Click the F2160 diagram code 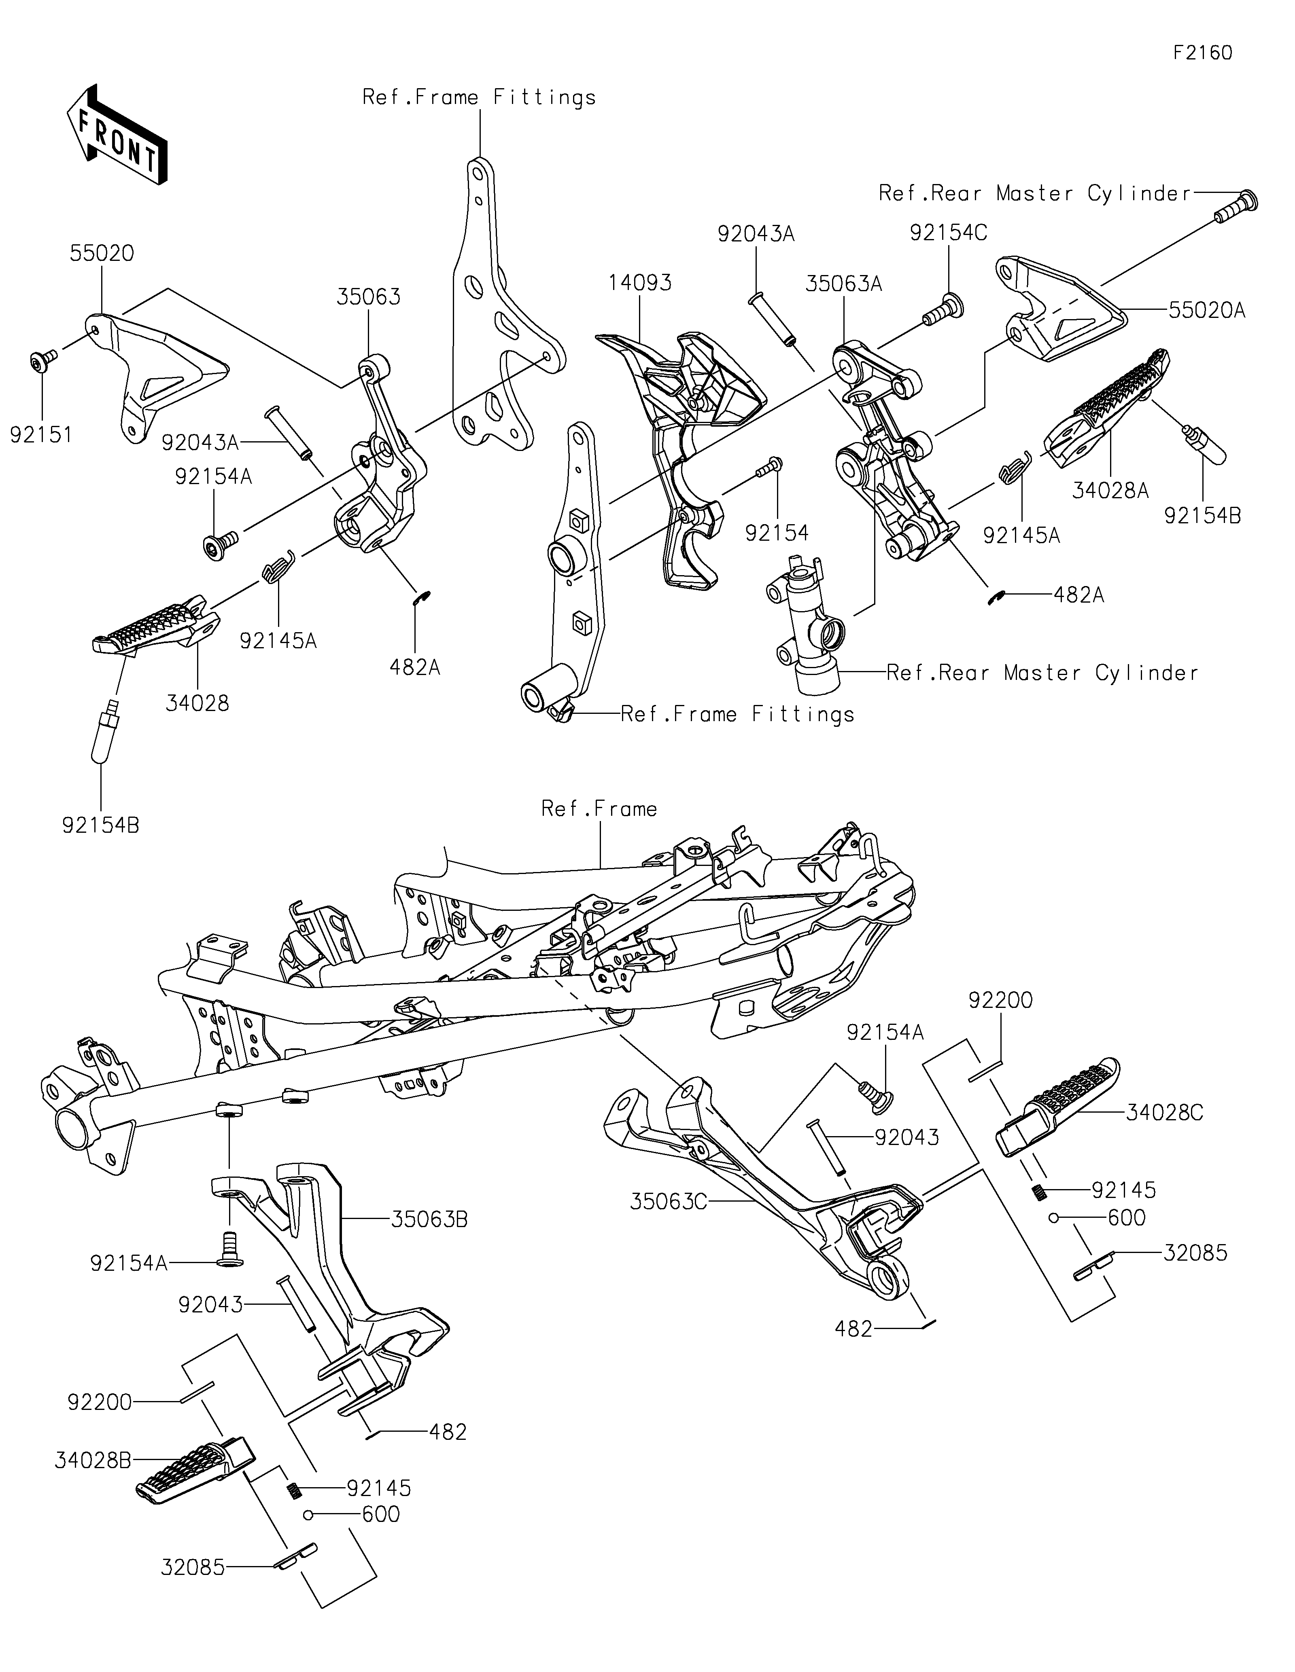pos(1203,53)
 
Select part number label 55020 pos(102,254)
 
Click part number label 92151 pos(41,435)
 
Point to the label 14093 pos(640,282)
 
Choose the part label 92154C pos(949,233)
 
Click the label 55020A pos(1207,310)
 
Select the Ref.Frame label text pos(599,809)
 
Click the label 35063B pos(430,1219)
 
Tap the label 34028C pos(1165,1112)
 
